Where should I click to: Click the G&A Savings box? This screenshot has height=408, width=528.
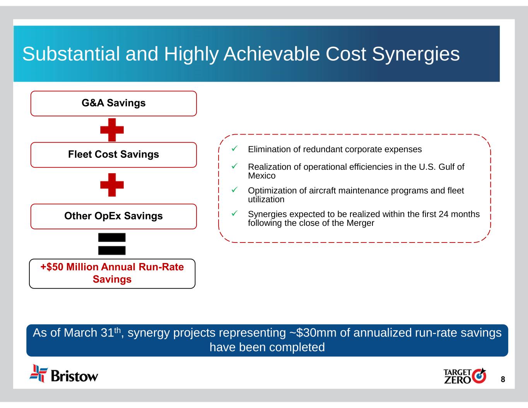coord(113,104)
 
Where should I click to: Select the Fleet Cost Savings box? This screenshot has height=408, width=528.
coord(113,155)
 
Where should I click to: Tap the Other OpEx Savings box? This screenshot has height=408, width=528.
coord(113,217)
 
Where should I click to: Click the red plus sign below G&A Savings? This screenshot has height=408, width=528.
coord(112,130)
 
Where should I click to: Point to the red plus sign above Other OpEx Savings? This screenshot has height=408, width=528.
coord(112,185)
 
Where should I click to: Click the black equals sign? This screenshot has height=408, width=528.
coord(112,244)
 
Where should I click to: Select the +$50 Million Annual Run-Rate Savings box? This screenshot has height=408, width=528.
coord(112,274)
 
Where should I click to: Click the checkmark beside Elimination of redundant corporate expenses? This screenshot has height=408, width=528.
coord(234,149)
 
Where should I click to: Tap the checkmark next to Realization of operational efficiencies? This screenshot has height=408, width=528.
coord(234,166)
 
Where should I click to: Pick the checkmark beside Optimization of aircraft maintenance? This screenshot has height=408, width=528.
coord(234,189)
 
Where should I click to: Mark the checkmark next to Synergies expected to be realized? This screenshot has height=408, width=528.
coord(234,213)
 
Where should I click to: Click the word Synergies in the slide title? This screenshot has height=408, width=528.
coord(416,55)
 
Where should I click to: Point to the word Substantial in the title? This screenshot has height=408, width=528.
coord(71,54)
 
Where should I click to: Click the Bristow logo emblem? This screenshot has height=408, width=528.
coord(39,374)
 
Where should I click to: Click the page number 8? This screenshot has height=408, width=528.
coord(503,379)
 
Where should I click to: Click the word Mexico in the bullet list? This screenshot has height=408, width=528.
coord(262,176)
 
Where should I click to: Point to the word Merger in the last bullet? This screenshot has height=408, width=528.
coord(361,223)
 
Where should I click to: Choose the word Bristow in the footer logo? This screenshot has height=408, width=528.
coord(74,376)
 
